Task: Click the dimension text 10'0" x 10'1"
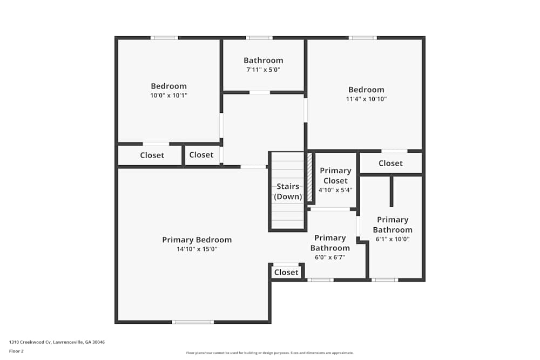click(x=168, y=96)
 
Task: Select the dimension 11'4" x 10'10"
click(x=366, y=99)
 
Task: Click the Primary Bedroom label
click(x=197, y=240)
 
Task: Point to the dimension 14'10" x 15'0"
click(x=197, y=249)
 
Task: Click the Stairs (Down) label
click(x=288, y=192)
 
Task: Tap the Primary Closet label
click(x=335, y=175)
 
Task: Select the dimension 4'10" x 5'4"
click(x=335, y=190)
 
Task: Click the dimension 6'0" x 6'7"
click(x=330, y=257)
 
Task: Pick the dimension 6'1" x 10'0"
click(x=393, y=239)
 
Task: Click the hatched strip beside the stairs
click(x=310, y=177)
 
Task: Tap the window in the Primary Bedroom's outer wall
click(x=193, y=322)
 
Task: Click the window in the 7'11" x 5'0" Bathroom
click(x=259, y=38)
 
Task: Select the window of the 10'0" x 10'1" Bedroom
click(x=164, y=38)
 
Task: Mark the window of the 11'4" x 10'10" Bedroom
click(x=362, y=38)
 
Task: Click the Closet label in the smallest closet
click(x=286, y=273)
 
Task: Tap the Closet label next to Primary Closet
click(x=390, y=163)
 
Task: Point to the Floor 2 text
click(x=16, y=351)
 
